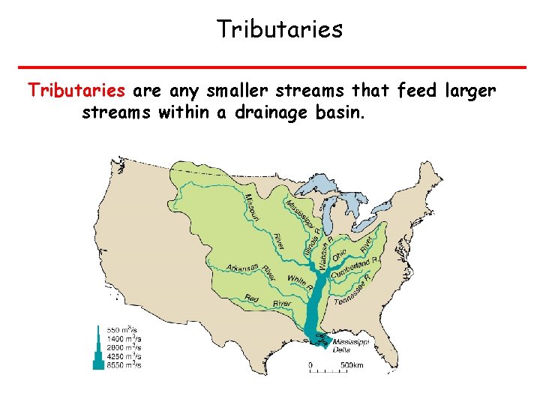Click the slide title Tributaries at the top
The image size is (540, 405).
point(279,29)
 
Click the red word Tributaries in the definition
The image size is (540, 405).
point(76,91)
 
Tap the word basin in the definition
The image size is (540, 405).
point(340,113)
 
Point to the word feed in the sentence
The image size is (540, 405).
point(417,91)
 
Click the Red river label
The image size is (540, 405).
point(252,299)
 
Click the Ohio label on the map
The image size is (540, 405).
point(339,254)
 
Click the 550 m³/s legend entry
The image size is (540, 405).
point(124,329)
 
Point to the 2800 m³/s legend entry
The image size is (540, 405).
point(124,346)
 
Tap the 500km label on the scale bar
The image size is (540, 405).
point(353,364)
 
